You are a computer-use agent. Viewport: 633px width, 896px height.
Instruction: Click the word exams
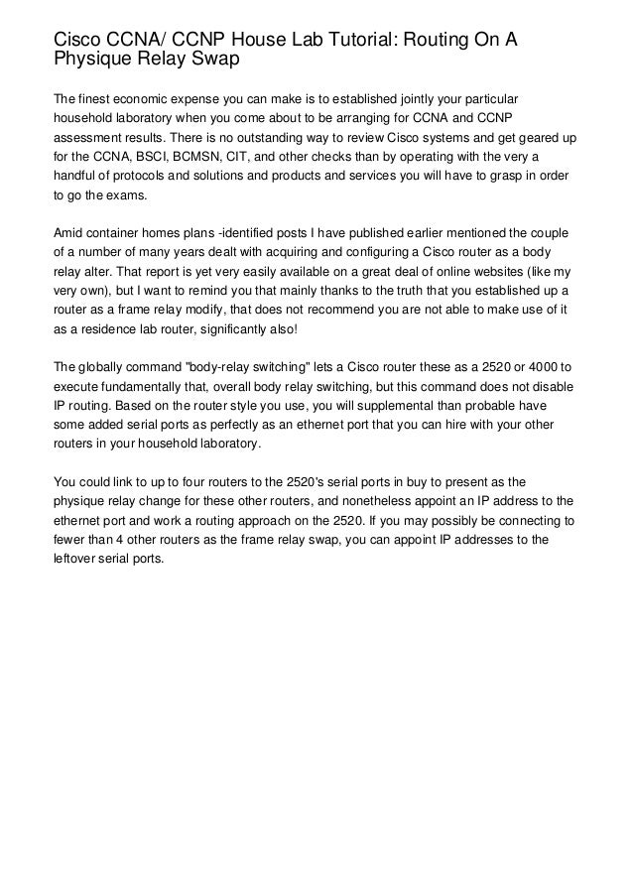[x=125, y=196]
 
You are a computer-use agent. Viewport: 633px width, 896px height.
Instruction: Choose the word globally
[x=106, y=366]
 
